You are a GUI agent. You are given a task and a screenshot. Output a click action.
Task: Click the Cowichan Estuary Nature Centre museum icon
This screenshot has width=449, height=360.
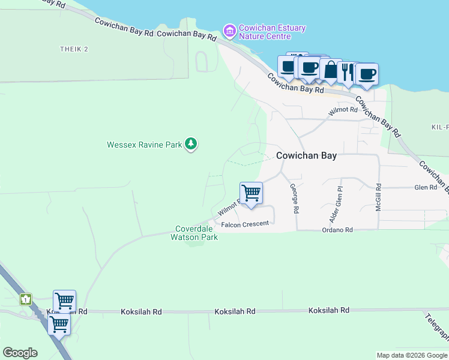point(229,30)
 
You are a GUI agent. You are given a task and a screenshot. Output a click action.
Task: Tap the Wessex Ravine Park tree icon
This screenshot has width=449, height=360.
point(191,144)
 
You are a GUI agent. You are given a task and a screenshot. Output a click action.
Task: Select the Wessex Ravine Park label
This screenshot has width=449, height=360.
point(144,145)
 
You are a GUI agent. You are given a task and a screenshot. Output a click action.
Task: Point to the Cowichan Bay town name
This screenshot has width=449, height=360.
point(306,155)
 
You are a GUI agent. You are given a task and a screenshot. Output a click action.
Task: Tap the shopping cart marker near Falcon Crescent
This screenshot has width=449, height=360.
point(251,194)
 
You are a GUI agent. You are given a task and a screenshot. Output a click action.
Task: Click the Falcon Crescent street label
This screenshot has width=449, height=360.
point(245,224)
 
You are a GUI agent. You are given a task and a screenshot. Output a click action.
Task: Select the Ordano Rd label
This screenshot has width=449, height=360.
point(337,230)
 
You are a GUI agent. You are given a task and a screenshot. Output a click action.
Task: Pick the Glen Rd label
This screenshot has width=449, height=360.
point(425,187)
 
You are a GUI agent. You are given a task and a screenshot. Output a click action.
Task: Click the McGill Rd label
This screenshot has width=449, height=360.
point(378,197)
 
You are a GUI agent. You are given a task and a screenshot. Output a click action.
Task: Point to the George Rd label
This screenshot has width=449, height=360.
point(294,199)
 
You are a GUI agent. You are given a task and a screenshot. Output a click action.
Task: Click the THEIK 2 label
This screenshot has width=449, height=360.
point(74,49)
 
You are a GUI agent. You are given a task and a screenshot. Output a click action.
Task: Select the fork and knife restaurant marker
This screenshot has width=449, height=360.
point(348,73)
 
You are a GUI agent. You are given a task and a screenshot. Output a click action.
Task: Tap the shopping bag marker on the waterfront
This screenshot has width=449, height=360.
point(331,70)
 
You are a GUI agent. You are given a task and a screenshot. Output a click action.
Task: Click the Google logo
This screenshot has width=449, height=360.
point(20,353)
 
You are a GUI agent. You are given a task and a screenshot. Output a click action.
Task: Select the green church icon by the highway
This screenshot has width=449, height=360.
point(26,299)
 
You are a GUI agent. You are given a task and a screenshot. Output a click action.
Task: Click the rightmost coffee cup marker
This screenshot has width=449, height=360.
point(367,74)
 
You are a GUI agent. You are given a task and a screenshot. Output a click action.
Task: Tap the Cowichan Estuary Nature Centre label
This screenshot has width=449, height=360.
point(272,32)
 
